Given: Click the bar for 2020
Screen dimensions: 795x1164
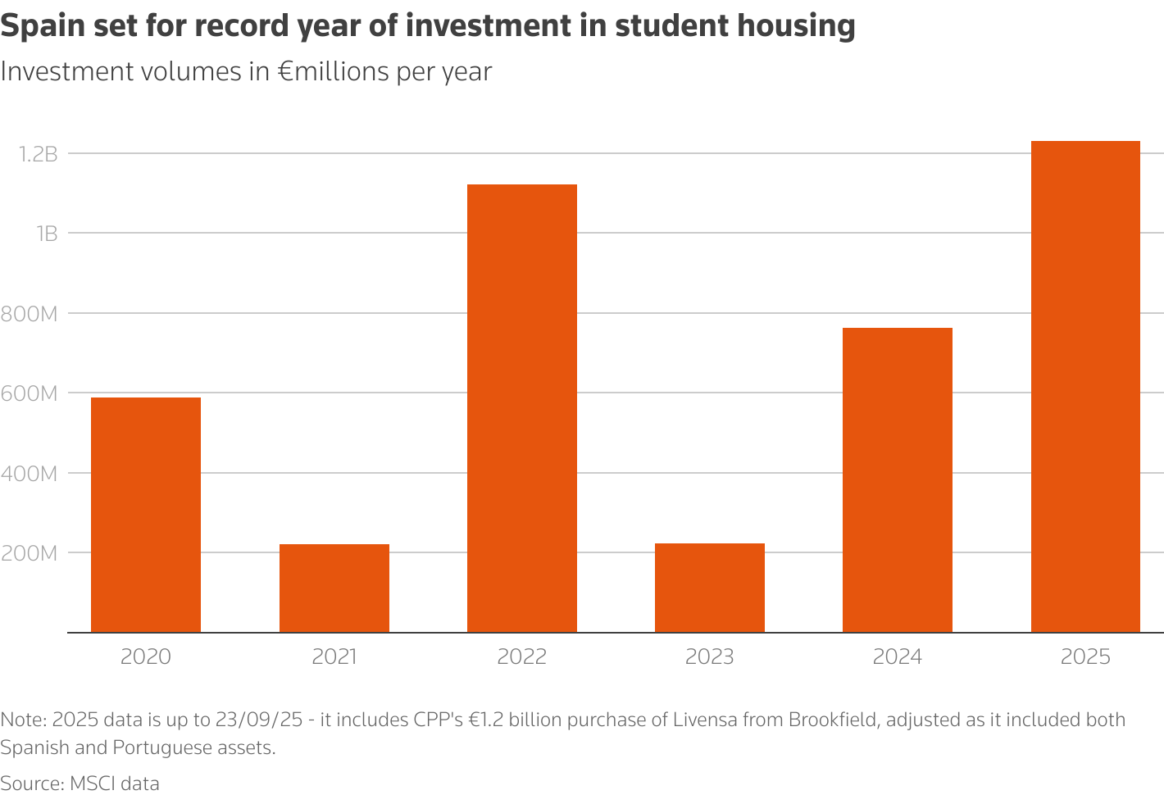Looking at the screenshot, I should (x=146, y=515).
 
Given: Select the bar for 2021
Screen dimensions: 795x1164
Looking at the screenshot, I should (x=334, y=588).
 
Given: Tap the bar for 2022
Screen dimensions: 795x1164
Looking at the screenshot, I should (x=522, y=408).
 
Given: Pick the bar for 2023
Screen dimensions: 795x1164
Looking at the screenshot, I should (x=710, y=588).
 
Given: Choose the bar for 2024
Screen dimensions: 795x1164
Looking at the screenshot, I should (x=898, y=479).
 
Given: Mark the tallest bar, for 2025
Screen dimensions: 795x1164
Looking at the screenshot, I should (x=1085, y=387).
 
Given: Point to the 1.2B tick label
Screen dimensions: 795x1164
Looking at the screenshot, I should (x=38, y=153).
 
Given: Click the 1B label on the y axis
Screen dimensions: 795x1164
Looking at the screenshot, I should (x=46, y=234).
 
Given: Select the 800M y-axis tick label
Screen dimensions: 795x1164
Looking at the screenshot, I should (x=30, y=313).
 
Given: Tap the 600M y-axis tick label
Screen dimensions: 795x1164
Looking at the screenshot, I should (x=30, y=393).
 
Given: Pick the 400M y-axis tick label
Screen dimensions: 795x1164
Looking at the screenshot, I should (x=30, y=473).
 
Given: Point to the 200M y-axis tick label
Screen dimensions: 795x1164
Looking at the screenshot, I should (x=30, y=553).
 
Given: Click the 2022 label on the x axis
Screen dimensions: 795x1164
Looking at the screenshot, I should (x=522, y=656).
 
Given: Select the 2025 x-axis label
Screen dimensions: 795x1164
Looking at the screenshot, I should (x=1085, y=656).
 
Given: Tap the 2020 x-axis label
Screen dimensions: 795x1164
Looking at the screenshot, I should (x=146, y=656).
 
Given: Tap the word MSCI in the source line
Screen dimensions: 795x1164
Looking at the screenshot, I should (x=91, y=784).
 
